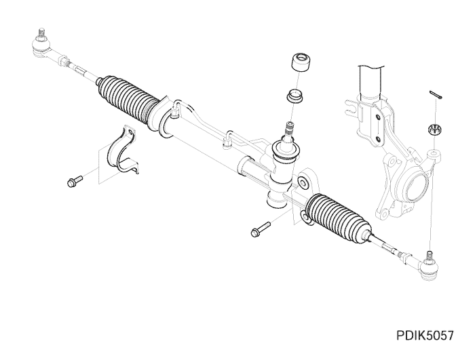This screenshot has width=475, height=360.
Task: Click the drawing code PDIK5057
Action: (425, 336)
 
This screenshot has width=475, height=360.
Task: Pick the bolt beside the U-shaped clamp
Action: (75, 181)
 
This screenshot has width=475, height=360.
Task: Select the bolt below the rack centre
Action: (260, 230)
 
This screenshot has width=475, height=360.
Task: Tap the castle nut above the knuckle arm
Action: (434, 129)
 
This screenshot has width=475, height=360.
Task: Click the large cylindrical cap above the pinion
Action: (301, 62)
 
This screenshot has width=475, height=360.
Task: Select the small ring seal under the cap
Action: (295, 96)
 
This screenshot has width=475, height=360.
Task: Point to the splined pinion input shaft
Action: (289, 129)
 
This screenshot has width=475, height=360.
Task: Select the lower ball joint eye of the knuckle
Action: (383, 213)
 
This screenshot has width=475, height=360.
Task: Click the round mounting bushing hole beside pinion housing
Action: (303, 182)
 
